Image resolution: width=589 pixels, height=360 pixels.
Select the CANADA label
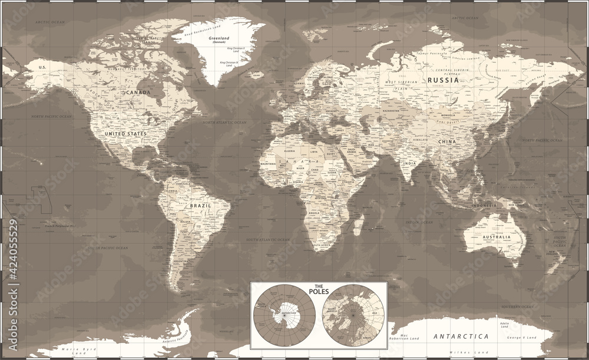[137, 93]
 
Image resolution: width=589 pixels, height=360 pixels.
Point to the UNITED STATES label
[125, 134]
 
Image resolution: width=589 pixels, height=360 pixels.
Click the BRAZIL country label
[201, 206]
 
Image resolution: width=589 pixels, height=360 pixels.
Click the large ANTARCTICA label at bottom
[461, 336]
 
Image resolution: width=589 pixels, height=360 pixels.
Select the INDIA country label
[409, 163]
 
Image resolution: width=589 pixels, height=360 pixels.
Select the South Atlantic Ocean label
[268, 240]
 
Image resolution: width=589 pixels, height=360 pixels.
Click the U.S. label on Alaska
[42, 68]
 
